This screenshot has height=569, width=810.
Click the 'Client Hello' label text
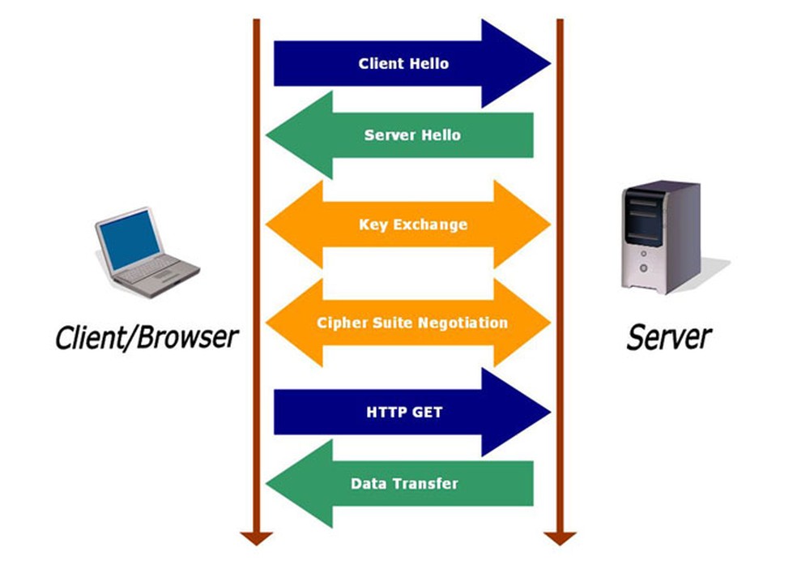tap(403, 63)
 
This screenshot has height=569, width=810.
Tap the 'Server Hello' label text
tap(412, 135)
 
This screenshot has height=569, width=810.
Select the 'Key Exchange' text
tap(413, 225)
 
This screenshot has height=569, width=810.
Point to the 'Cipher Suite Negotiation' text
tap(412, 323)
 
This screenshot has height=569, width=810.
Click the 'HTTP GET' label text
tap(404, 412)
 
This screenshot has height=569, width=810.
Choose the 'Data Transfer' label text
tap(404, 483)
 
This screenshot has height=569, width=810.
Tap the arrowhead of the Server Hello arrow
tap(300, 135)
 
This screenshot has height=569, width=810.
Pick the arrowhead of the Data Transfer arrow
tap(300, 483)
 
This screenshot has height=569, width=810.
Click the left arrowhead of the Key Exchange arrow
tap(295, 225)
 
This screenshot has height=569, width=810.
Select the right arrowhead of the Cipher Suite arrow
tap(522, 323)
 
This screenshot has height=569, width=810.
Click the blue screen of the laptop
tap(130, 240)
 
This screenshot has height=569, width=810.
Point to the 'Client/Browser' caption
tap(147, 337)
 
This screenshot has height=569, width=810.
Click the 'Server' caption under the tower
tap(669, 337)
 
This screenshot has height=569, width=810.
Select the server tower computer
tap(661, 237)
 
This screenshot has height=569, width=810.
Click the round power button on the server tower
tap(644, 267)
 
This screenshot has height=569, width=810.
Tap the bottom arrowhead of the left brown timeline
tap(257, 538)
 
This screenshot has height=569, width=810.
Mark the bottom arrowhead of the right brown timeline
tap(560, 538)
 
